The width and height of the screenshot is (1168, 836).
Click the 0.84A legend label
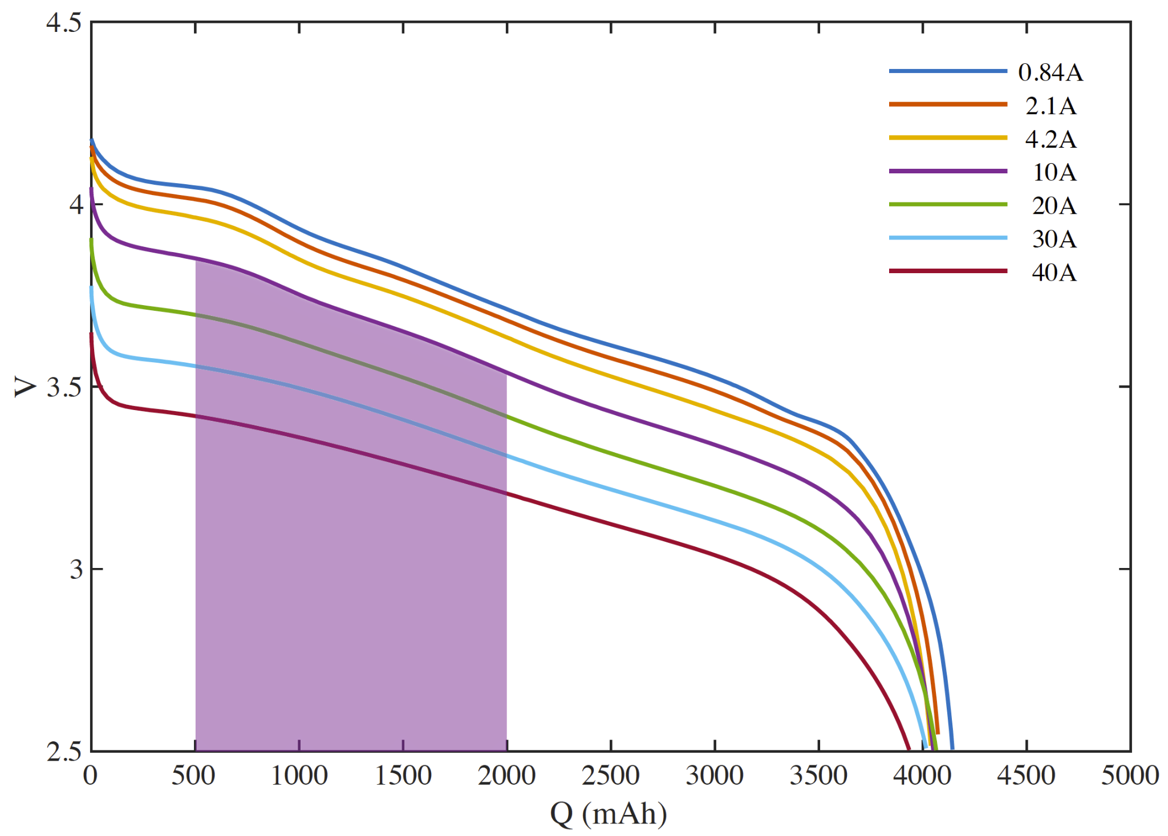1051,72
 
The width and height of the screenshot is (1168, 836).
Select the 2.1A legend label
1051,106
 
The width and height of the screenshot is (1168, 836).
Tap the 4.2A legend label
1051,139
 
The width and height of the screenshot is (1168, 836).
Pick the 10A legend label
1055,172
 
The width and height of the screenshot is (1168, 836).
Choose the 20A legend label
1054,206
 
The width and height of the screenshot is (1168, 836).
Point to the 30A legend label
1054,239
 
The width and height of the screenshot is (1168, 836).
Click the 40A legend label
1054,273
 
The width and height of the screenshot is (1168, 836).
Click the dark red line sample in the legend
948,271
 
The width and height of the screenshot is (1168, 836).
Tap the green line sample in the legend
948,204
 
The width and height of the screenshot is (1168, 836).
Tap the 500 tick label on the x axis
194,776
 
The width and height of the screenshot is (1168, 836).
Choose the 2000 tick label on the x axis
506,776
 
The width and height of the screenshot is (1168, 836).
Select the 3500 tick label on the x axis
818,776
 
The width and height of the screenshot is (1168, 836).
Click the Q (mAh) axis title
609,814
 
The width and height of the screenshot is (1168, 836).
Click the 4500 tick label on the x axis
1026,776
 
